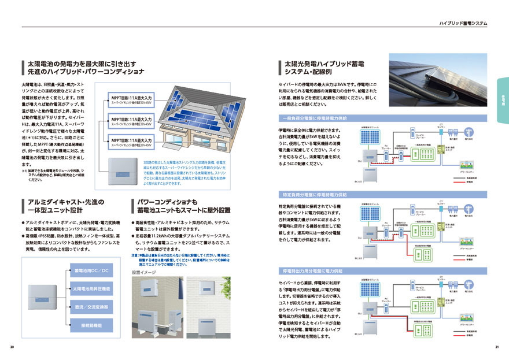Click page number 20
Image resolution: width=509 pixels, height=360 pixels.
coord(12,347)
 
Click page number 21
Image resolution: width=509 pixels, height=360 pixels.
coord(496,347)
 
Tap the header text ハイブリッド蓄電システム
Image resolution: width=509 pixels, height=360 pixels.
coord(463,24)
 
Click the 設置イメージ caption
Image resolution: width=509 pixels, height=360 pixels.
coord(144,272)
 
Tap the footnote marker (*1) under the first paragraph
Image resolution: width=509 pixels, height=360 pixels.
coord(24,171)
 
